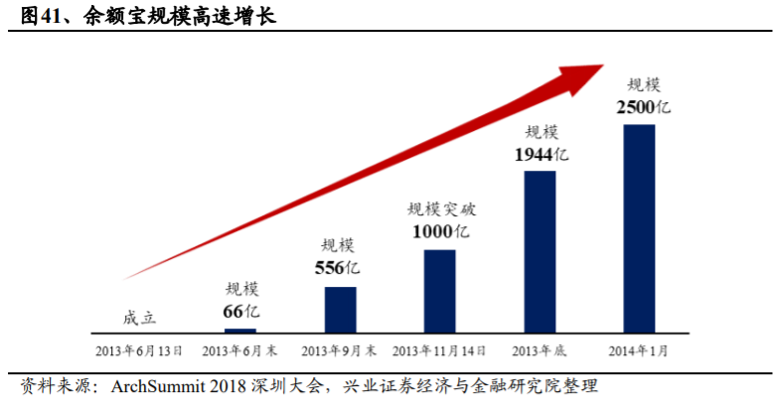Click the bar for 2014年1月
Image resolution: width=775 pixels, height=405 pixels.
pos(639,227)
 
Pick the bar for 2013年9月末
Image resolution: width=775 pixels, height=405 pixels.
pos(340,309)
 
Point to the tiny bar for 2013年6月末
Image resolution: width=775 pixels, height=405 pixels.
pos(240,330)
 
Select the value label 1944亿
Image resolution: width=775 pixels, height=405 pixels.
pos(542,154)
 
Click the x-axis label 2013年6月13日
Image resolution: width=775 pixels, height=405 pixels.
pos(139,351)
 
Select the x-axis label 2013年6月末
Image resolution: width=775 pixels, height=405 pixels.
pos(239,351)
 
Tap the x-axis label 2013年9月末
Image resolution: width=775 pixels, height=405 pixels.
pos(339,351)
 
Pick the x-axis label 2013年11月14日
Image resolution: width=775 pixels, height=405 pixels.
pos(439,351)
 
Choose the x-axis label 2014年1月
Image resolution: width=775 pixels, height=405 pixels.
pos(639,351)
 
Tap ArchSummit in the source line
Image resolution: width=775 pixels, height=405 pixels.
pos(150,384)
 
